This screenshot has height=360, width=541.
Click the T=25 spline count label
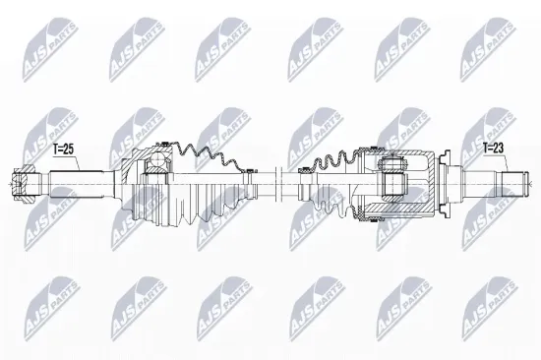point(62,150)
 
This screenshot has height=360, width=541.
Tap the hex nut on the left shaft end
point(23,182)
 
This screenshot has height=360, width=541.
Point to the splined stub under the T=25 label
point(58,182)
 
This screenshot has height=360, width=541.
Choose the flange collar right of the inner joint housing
point(444,181)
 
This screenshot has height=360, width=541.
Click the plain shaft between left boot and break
point(257,180)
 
